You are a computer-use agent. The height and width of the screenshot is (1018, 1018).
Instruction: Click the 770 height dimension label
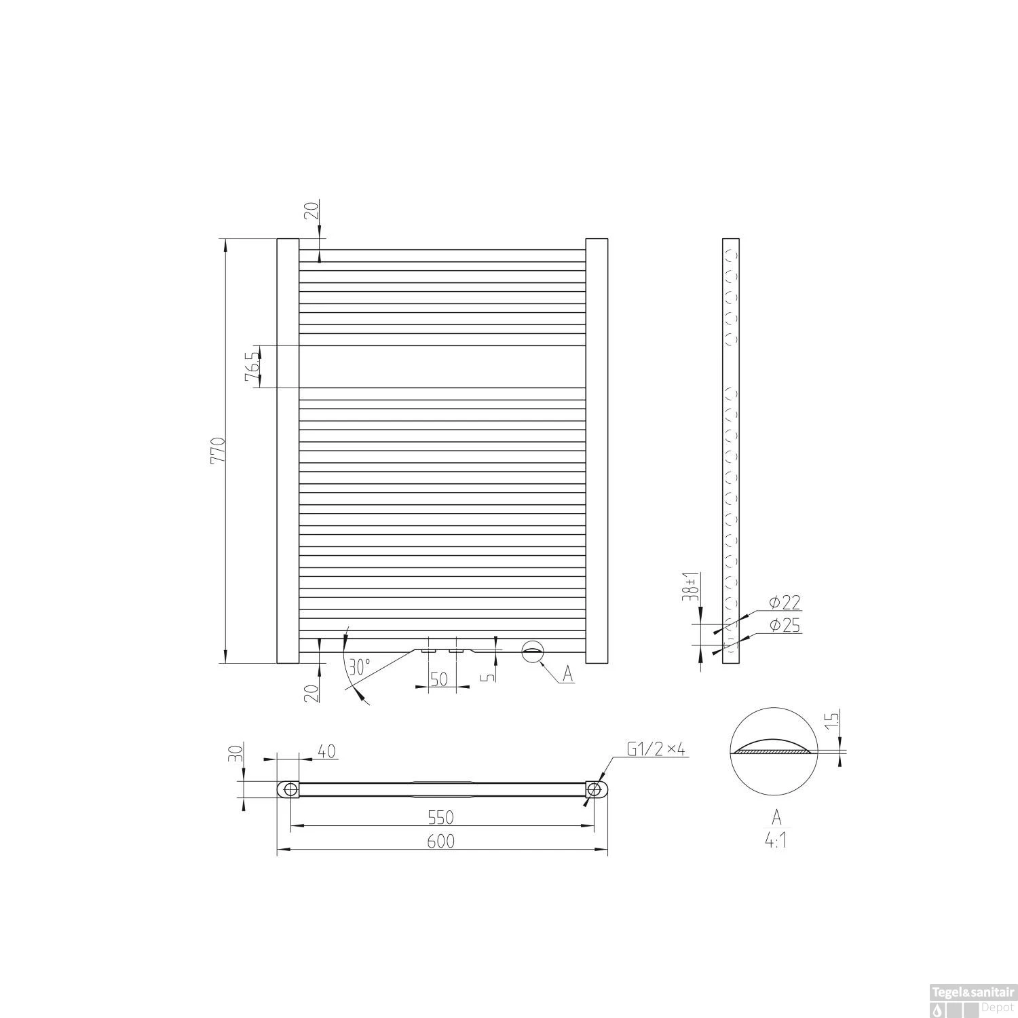coord(217,451)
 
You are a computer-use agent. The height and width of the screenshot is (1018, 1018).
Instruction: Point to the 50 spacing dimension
coord(440,678)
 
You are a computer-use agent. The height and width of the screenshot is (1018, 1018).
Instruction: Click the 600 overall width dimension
coord(440,841)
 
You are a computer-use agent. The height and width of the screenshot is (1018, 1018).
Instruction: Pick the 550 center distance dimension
coord(440,816)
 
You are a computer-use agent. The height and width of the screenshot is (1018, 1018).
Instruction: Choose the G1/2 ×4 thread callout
coord(656,749)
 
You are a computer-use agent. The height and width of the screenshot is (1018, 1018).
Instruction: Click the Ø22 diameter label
coord(785,602)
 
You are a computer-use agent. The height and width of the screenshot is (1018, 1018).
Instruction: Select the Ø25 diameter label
coord(785,625)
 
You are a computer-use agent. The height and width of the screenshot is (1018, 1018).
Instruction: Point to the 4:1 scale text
coord(775,841)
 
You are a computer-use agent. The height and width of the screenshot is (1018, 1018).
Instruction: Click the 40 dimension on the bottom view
coord(324,751)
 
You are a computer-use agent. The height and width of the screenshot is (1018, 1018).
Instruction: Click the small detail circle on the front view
coord(533,650)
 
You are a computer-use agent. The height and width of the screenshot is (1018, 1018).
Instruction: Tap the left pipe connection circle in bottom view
coord(290,789)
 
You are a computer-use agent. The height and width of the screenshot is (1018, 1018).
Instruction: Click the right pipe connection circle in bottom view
coord(594,789)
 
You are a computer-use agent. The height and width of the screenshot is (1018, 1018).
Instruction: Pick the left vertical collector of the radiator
coord(288,451)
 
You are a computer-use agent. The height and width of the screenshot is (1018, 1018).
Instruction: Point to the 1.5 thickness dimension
coord(834,719)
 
